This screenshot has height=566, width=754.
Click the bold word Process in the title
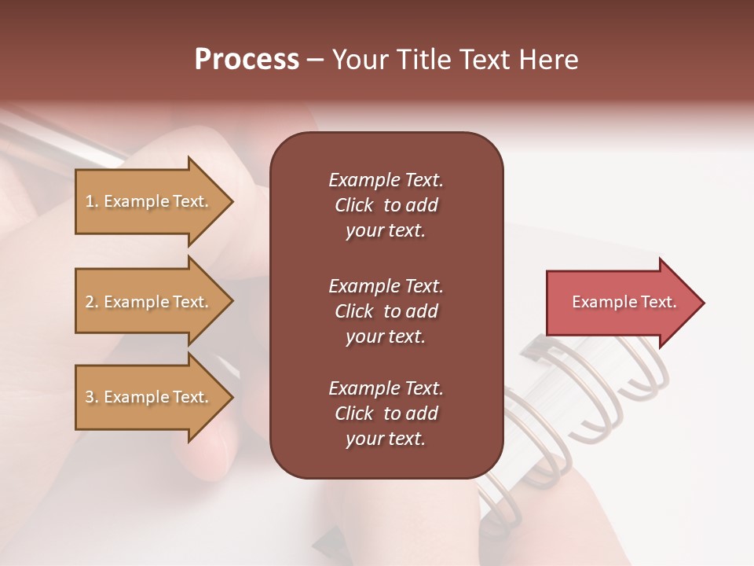[x=247, y=60]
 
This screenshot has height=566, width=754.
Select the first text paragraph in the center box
[x=386, y=205]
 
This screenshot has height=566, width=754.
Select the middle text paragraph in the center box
[x=386, y=311]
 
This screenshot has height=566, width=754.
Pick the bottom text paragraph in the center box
[x=386, y=413]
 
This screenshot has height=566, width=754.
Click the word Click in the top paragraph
[x=353, y=205]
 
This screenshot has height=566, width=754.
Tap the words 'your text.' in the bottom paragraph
[x=386, y=439]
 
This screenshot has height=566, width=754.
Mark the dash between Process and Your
[x=315, y=61]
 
